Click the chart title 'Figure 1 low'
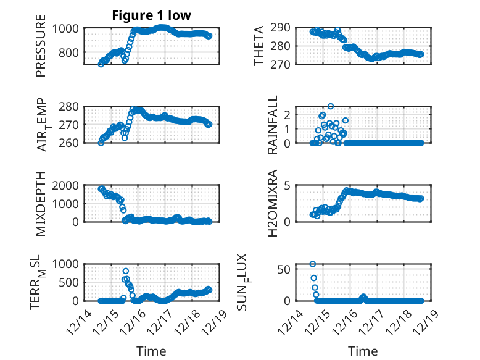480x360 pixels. click(x=152, y=15)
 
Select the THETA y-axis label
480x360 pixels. click(x=259, y=46)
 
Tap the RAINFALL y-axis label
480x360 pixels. click(x=273, y=125)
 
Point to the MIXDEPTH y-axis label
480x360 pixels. click(x=41, y=203)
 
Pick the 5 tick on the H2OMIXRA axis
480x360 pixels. click(x=287, y=185)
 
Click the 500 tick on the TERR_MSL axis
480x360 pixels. click(x=72, y=282)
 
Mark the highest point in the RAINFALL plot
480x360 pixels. click(x=331, y=106)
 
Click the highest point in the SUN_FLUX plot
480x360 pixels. click(x=313, y=264)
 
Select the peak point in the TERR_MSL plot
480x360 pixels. click(x=126, y=271)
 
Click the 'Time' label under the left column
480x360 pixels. click(x=152, y=351)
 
